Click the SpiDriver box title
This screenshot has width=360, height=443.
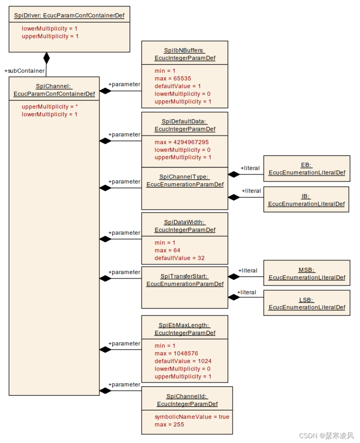[x=69, y=16]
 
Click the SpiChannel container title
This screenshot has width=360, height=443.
[x=54, y=90]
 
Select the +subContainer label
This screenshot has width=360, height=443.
[x=24, y=71]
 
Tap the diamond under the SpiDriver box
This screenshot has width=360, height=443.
[x=46, y=58]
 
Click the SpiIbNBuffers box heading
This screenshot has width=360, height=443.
[x=185, y=54]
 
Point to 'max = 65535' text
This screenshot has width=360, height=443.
[x=173, y=78]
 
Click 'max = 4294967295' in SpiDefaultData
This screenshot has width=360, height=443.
[x=181, y=142]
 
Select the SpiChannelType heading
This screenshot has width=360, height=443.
[x=185, y=180]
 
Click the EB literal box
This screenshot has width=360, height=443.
[x=306, y=169]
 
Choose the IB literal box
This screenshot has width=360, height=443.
[x=306, y=200]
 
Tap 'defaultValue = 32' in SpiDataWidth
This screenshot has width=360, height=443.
[x=179, y=258]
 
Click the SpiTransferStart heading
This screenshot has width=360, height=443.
[x=185, y=280]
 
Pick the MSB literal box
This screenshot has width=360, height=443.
[x=306, y=274]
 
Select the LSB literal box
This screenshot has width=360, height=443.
[x=306, y=303]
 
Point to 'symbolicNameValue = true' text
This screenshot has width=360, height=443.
[x=192, y=417]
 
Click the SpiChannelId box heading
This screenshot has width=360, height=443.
[x=187, y=400]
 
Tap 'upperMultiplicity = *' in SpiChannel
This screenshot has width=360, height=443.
[x=50, y=107]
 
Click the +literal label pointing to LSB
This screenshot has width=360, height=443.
[x=247, y=292]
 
